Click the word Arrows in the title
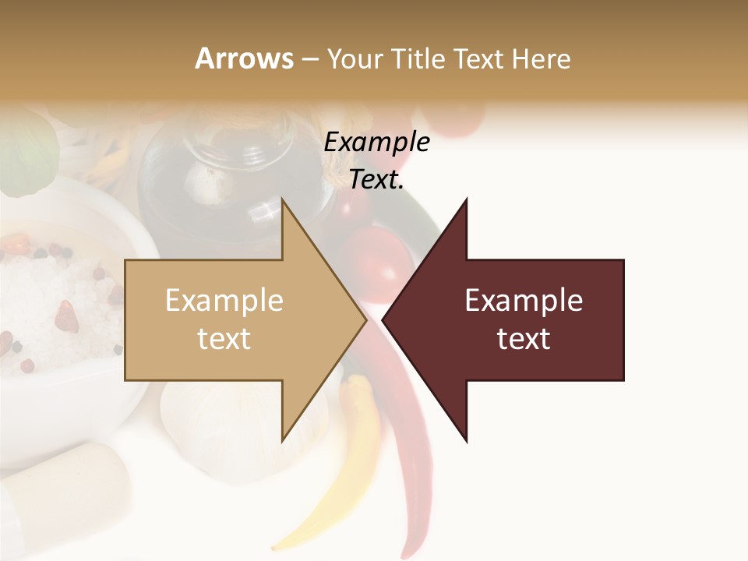click(x=244, y=58)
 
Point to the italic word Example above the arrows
click(x=376, y=142)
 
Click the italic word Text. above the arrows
click(x=376, y=179)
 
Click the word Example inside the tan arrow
click(x=224, y=301)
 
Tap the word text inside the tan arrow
click(x=224, y=339)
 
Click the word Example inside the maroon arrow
click(x=524, y=301)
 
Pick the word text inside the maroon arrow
click(x=524, y=339)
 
